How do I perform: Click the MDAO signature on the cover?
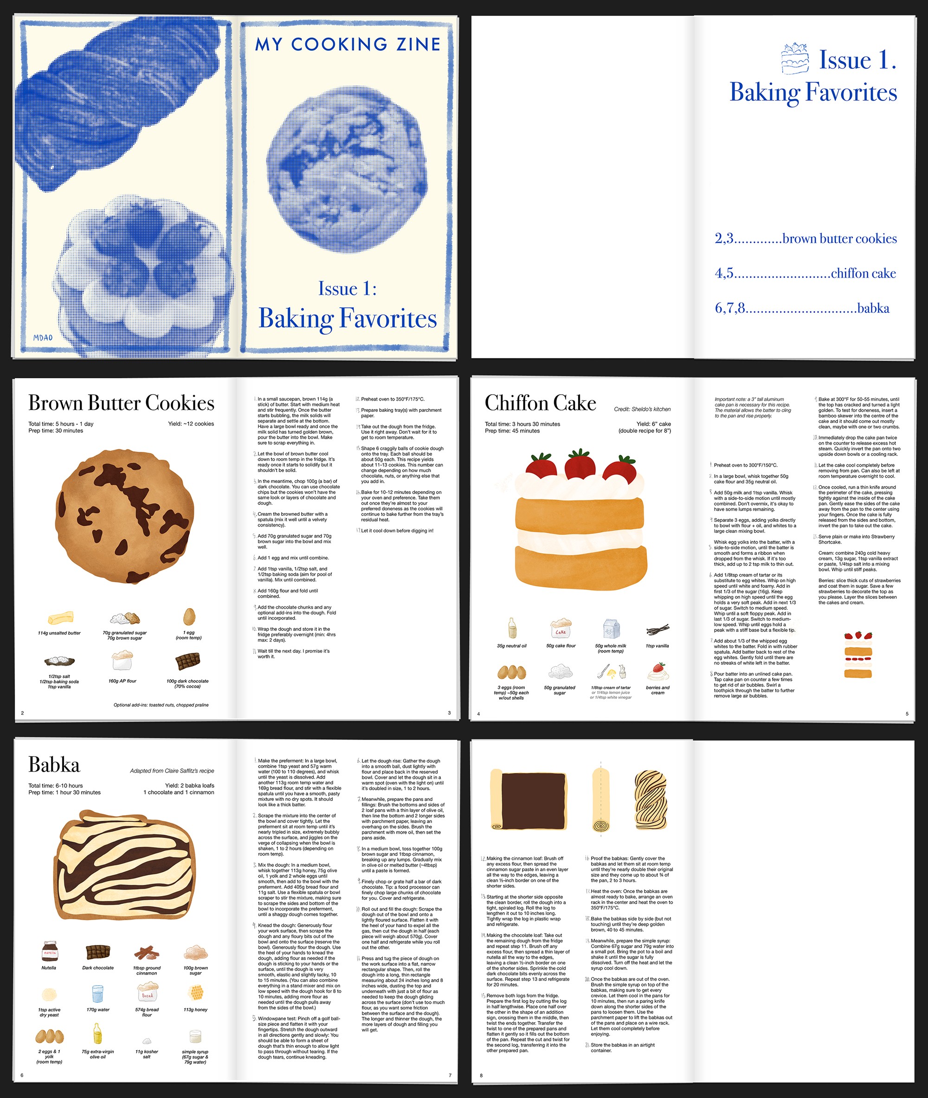[43, 338]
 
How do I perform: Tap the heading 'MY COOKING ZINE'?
[347, 44]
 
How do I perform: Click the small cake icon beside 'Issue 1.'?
[795, 58]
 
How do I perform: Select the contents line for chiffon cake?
[805, 273]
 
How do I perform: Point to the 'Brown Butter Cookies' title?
[121, 403]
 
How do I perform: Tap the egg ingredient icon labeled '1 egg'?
[189, 617]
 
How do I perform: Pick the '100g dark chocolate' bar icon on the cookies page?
[188, 662]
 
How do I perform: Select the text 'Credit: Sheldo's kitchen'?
[642, 409]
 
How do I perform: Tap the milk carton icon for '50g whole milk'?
[611, 629]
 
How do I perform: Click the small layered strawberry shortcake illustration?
[858, 654]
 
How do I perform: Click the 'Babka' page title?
[54, 765]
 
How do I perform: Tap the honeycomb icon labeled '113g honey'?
[196, 993]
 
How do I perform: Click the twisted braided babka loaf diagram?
[651, 800]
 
